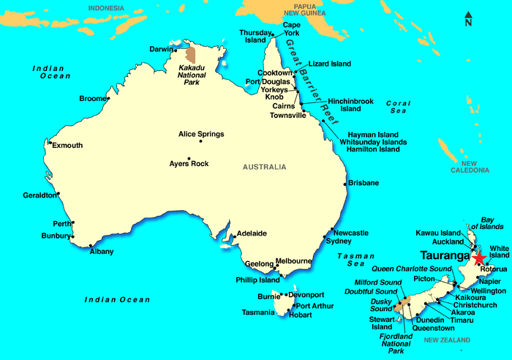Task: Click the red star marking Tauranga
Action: coord(479,258)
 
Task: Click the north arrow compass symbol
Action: coord(468,20)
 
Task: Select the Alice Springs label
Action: coord(201,134)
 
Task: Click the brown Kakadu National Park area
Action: coord(191,55)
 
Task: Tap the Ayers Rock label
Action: coord(189,164)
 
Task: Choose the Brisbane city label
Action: coord(364,182)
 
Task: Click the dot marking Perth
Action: coord(73,222)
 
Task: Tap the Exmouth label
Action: coord(67,146)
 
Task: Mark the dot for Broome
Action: coord(108,98)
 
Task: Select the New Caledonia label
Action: coord(469,167)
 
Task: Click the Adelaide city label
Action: coord(250,233)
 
